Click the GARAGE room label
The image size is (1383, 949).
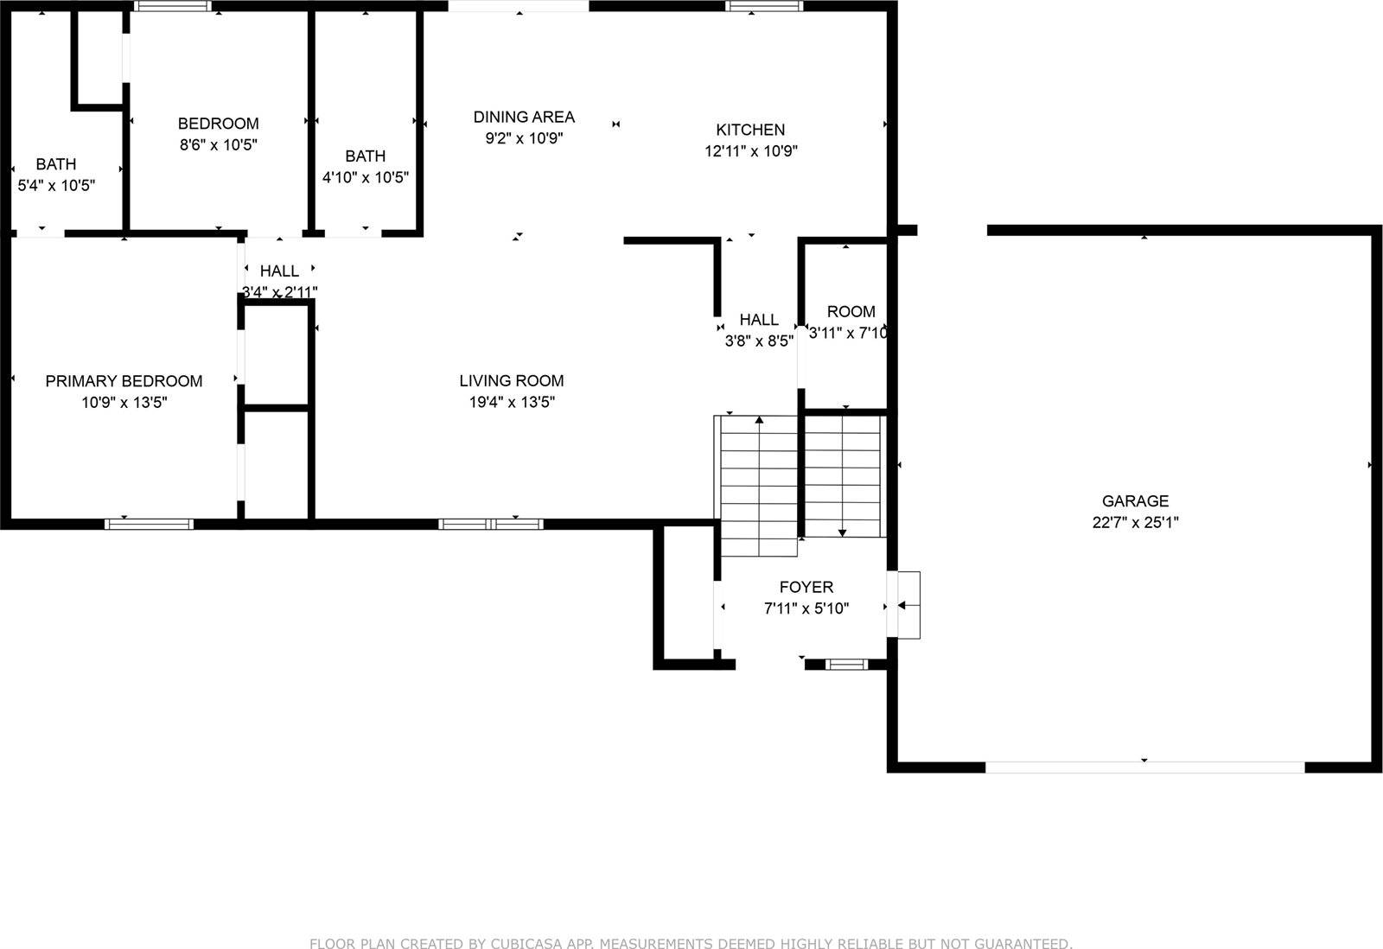coord(1135,500)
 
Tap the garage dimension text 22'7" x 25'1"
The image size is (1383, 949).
coord(1135,522)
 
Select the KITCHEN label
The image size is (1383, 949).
coord(750,130)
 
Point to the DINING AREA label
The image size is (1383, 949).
coord(524,117)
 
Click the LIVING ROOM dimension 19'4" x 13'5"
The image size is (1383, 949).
coord(512,402)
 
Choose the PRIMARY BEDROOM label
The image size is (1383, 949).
coord(124,381)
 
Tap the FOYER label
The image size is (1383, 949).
coord(806,587)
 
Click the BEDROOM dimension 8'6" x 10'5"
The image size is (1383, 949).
coord(218,144)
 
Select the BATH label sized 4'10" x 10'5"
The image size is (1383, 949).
coord(366,156)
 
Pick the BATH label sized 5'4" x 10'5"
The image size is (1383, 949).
coord(56,164)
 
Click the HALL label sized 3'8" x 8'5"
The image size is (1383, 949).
coord(759,320)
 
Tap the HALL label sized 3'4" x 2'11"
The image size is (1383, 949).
coord(279,271)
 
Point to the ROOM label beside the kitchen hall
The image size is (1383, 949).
coord(851,311)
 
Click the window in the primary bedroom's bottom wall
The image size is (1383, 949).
coord(149,525)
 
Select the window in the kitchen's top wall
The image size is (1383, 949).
coord(764,6)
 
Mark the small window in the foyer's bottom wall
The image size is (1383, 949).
coord(846,665)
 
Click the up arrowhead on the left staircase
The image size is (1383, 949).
coord(759,420)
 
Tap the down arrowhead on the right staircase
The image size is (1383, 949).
coord(842,533)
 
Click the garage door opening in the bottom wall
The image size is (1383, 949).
coord(1144,767)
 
